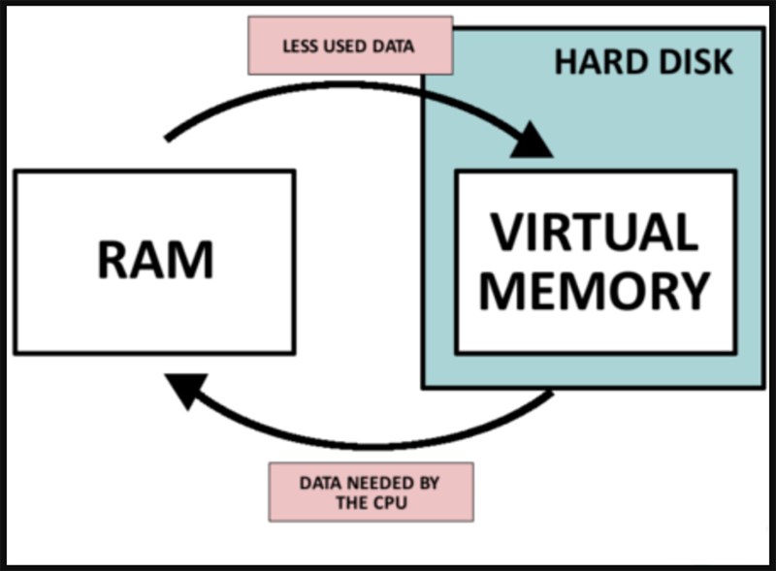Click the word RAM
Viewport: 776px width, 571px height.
(153, 261)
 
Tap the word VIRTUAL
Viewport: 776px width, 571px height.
(594, 233)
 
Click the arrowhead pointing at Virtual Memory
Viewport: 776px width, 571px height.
(530, 143)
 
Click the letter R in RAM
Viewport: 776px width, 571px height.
(113, 261)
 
